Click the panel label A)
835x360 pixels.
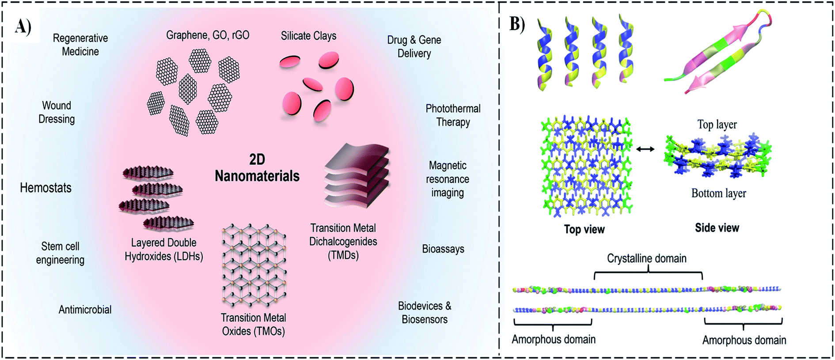tap(23, 27)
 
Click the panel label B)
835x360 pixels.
tap(517, 24)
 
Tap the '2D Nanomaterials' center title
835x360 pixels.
tap(257, 168)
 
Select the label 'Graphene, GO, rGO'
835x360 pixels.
tap(208, 35)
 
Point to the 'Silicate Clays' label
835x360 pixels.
tap(308, 36)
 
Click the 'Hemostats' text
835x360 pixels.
tap(46, 188)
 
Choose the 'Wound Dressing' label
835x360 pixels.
tap(57, 112)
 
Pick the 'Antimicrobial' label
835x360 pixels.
tap(85, 310)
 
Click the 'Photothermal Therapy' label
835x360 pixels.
tap(453, 115)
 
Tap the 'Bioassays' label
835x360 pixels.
tap(443, 249)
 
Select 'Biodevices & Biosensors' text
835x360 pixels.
tap(425, 312)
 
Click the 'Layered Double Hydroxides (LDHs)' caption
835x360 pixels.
tap(164, 249)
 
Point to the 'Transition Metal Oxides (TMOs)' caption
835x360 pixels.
tap(254, 324)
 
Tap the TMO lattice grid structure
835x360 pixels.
tap(254, 265)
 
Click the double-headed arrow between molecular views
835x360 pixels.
tap(645, 149)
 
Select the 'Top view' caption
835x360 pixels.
tap(584, 229)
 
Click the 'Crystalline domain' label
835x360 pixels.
tap(646, 258)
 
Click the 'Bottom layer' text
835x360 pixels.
tap(718, 193)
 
